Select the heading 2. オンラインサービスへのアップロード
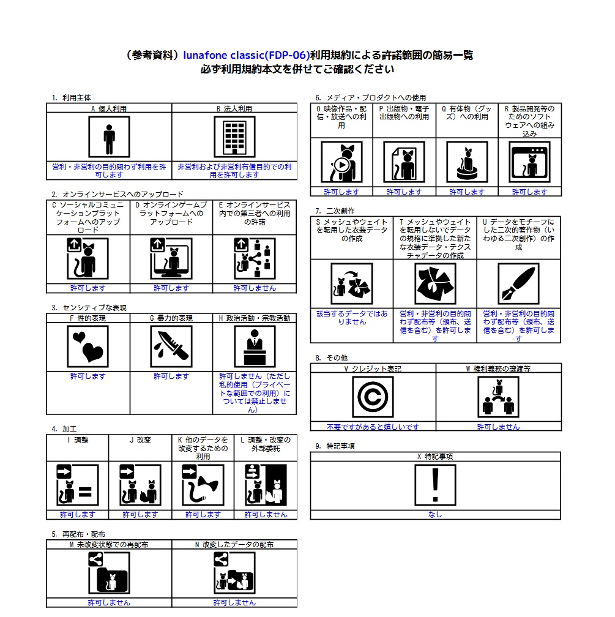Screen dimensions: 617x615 117,194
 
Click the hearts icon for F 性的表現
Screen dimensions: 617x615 88,346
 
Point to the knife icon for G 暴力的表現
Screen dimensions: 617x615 171,346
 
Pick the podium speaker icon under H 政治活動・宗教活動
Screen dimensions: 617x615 255,346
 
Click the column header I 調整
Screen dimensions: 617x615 78,440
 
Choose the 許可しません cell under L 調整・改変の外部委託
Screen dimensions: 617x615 266,515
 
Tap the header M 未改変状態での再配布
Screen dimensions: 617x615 109,544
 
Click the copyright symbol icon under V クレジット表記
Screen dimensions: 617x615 373,397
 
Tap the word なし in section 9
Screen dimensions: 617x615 435,515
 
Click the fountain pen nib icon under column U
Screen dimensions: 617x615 518,284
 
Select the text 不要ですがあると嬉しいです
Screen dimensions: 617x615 373,427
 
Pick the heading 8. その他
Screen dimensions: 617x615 331,357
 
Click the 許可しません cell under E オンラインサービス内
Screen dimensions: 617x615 255,288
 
